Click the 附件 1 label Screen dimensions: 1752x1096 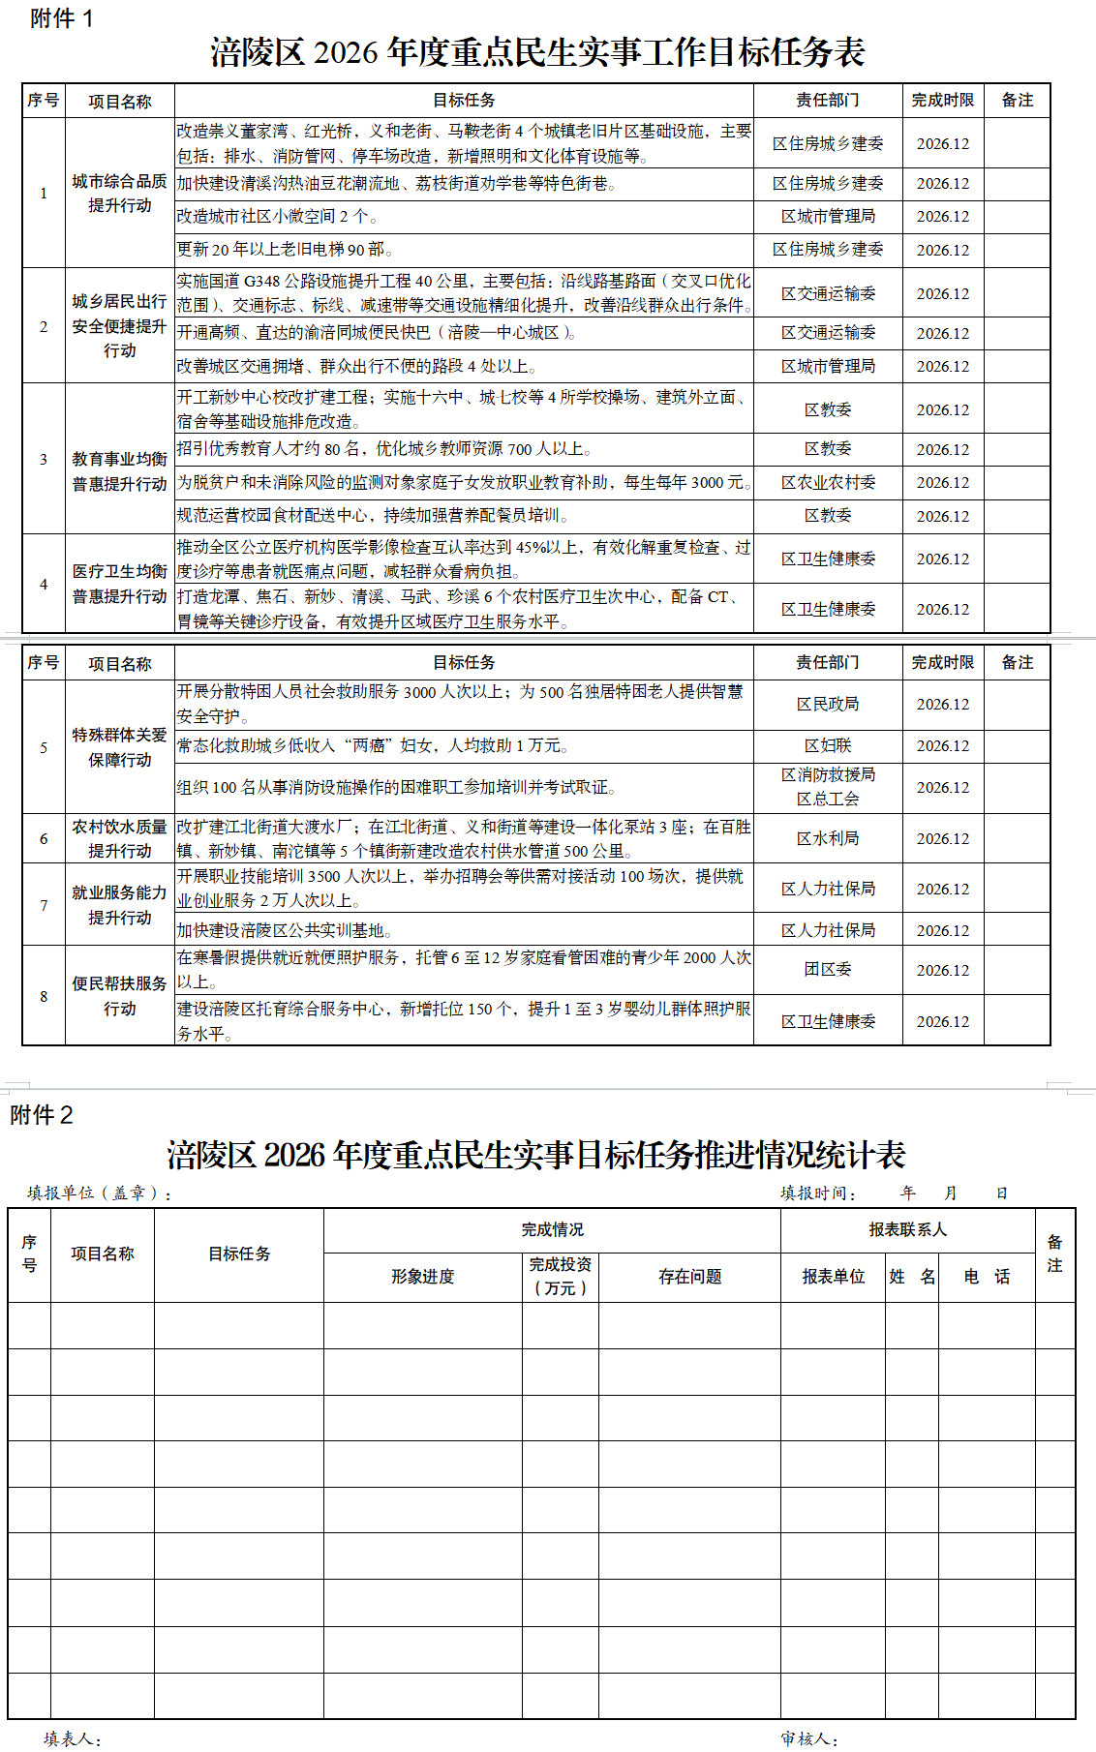(62, 18)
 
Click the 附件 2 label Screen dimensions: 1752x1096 (42, 1115)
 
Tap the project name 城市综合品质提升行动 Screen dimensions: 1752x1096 (119, 193)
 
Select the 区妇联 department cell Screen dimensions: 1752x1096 (828, 745)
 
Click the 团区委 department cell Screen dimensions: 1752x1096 (828, 969)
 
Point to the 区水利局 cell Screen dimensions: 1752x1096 (828, 838)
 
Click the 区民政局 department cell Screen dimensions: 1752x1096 (828, 704)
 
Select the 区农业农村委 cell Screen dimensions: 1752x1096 (828, 482)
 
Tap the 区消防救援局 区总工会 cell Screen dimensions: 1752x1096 (828, 787)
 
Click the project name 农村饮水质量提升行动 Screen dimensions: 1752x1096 (119, 838)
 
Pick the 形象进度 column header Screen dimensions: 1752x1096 (422, 1277)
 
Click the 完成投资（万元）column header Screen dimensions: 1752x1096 (560, 1277)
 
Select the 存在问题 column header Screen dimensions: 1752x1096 (689, 1277)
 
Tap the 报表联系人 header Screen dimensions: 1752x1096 (907, 1229)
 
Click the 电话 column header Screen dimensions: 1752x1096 (986, 1277)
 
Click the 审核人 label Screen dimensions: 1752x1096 (809, 1738)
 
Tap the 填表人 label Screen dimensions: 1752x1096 (73, 1738)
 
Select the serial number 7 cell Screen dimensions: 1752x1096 (44, 905)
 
